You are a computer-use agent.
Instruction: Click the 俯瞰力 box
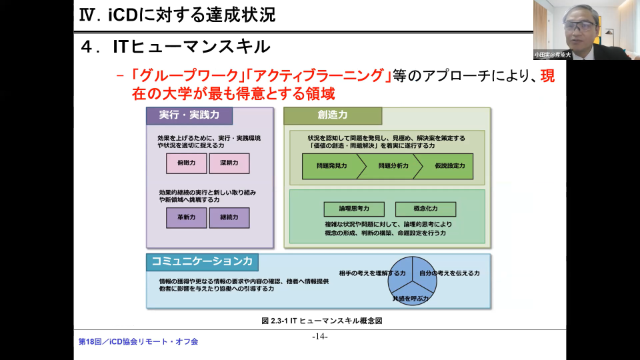coord(187,163)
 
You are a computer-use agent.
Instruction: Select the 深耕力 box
coord(229,163)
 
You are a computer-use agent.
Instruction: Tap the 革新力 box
coord(187,218)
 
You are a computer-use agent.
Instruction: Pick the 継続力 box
coord(229,218)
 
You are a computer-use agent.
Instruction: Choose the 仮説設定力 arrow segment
coord(448,165)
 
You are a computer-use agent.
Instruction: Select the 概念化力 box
coord(425,209)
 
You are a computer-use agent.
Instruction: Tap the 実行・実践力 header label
coord(189,115)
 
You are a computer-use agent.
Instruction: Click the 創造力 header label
coord(333,115)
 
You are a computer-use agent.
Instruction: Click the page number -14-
coord(320,336)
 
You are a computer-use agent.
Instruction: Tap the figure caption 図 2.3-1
coord(322,321)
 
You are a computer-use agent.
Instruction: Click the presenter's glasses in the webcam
coord(579,26)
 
